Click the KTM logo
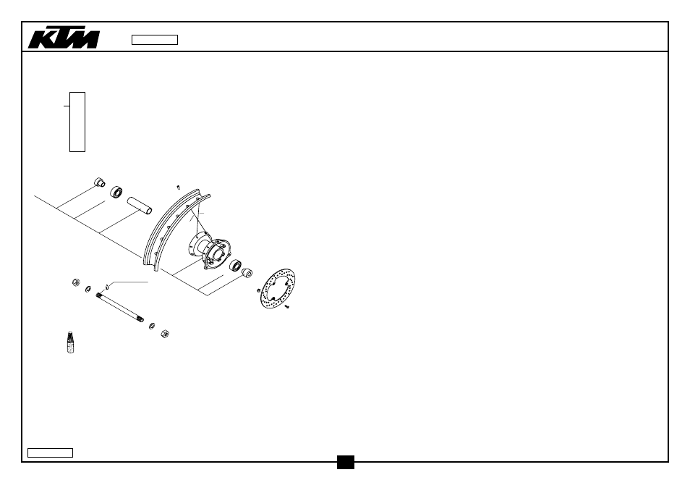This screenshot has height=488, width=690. [x=64, y=39]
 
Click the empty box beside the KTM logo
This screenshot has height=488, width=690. [x=155, y=40]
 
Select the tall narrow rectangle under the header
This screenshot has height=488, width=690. [x=77, y=122]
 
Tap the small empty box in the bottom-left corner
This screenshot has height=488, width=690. [x=50, y=453]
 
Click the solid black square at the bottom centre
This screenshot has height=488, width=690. [x=346, y=462]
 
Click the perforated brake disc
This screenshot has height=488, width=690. [x=278, y=288]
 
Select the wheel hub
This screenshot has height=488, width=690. [x=210, y=251]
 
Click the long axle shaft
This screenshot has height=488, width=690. [x=119, y=308]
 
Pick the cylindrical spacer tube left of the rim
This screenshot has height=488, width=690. [x=140, y=205]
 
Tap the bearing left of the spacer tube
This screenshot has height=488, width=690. [x=116, y=192]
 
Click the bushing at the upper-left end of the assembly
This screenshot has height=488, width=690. [x=100, y=182]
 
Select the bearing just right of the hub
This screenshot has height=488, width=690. [x=236, y=266]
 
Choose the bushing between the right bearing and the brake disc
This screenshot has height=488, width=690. [x=247, y=273]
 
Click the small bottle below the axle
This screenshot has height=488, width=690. [x=70, y=342]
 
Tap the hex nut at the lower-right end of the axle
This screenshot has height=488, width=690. [x=165, y=333]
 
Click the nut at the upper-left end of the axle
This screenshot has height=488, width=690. [x=76, y=282]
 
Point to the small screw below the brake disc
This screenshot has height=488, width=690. [x=286, y=306]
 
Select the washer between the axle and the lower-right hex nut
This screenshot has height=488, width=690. [x=152, y=326]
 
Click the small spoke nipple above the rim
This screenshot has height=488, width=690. [x=178, y=188]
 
